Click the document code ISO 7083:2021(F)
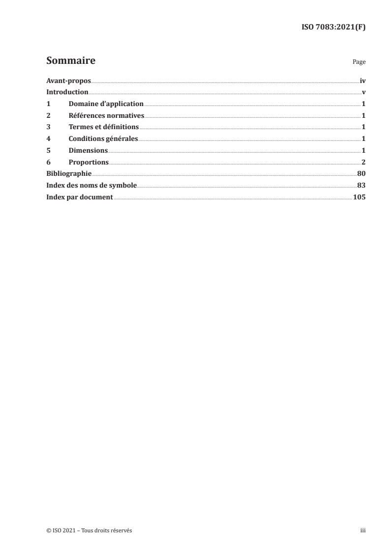333,28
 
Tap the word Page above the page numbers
359,63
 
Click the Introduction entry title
67,92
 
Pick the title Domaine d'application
106,104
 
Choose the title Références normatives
106,116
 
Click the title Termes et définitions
104,127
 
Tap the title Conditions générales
103,139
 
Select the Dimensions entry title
88,151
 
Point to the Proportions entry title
89,163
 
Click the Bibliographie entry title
69,174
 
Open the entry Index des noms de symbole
91,186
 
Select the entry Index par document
80,197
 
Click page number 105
359,197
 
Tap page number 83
361,186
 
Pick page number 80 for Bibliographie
361,174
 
